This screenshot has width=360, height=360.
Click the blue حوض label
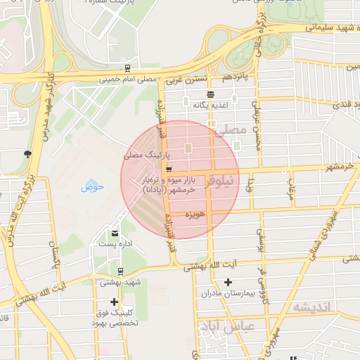click(92, 186)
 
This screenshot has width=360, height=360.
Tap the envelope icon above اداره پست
click(115, 233)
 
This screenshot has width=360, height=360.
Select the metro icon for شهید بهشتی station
click(120, 271)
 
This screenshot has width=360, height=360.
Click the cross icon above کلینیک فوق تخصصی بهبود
click(115, 302)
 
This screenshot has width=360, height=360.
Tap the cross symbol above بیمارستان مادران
click(226, 283)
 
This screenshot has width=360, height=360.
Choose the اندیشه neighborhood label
click(311, 307)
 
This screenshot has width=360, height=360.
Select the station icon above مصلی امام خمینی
click(127, 68)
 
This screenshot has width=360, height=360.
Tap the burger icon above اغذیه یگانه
click(210, 94)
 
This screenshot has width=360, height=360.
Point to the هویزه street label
click(194, 213)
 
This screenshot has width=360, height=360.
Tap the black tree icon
click(27, 154)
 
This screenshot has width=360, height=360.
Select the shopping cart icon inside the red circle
click(168, 170)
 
